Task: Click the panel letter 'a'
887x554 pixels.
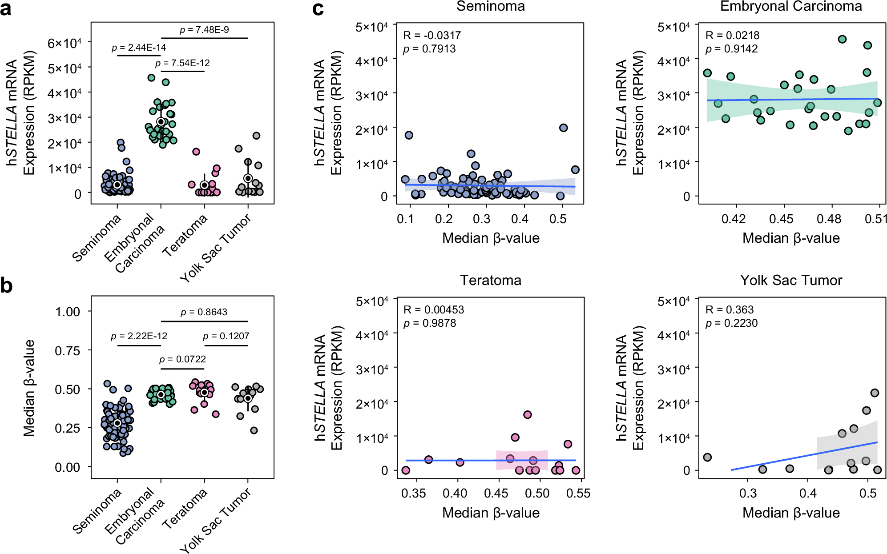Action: click(x=6, y=9)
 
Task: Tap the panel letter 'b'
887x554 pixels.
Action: click(x=6, y=285)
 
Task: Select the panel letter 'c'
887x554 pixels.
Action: click(x=318, y=9)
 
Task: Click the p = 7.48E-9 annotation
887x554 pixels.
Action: click(x=204, y=30)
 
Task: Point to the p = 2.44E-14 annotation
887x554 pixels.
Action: click(x=139, y=47)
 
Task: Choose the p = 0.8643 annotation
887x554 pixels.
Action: click(x=204, y=312)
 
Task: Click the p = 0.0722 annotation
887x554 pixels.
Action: click(x=182, y=359)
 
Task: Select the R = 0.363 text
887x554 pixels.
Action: click(x=730, y=309)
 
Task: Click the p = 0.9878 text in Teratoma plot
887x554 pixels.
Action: click(x=430, y=323)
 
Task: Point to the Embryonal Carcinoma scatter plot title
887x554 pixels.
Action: click(x=791, y=6)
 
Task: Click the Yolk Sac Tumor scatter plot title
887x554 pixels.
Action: click(x=791, y=280)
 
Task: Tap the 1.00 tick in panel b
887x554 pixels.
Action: click(x=68, y=312)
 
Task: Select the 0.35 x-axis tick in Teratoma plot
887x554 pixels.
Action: click(x=414, y=493)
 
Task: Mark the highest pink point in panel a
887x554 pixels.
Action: click(x=196, y=152)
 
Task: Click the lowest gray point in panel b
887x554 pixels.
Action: click(x=254, y=430)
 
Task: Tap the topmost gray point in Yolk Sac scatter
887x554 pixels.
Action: click(x=875, y=393)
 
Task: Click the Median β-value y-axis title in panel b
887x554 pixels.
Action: click(x=29, y=388)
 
